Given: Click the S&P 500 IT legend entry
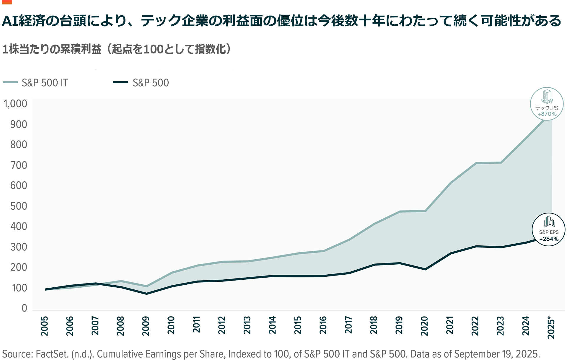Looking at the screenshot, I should [45, 83].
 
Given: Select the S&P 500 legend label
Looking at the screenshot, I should [151, 83].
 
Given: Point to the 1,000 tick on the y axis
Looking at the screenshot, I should [15, 104].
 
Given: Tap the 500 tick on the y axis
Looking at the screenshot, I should [19, 206].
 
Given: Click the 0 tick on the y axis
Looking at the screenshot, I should [24, 308].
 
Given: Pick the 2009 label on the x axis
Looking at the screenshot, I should [146, 326].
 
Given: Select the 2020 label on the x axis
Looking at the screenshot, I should [424, 326].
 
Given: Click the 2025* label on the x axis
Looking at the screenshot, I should [551, 327].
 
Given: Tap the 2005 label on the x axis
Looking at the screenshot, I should [45, 326].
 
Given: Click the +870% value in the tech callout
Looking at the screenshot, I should [547, 114].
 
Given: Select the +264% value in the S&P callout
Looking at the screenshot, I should [549, 239].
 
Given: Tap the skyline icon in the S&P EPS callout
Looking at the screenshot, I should [549, 221].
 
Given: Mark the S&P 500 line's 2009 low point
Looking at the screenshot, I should [146, 294].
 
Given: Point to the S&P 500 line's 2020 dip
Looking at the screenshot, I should [425, 269].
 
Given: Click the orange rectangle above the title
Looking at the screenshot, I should [6, 2].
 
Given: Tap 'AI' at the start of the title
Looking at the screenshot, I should [10, 21].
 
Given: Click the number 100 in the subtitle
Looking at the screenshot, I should [153, 49].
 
